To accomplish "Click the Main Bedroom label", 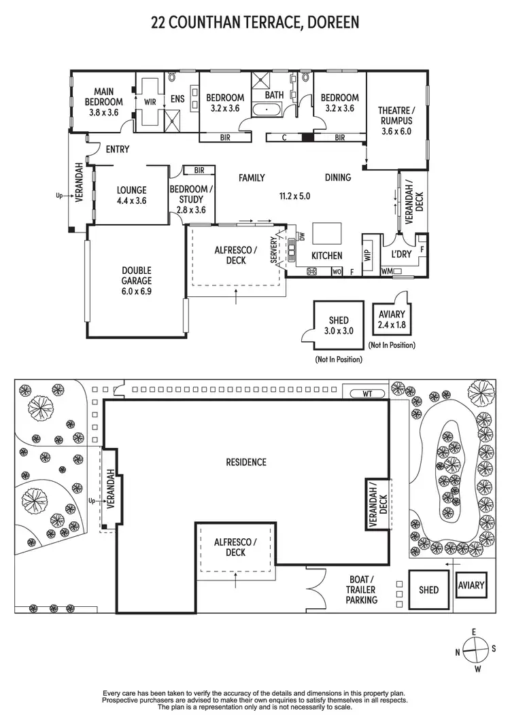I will point(104,101).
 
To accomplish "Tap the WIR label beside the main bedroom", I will point(149,102).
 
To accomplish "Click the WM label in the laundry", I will point(386,272).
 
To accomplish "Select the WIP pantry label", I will point(368,256).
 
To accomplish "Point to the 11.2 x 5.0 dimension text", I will point(294,196).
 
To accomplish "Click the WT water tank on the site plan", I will point(367,393).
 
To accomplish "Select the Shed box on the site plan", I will point(428,590).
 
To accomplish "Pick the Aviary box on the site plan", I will point(471,585).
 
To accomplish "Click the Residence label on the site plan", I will point(246,462).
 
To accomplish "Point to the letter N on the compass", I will point(457,652).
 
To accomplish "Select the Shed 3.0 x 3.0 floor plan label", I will point(338,326).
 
